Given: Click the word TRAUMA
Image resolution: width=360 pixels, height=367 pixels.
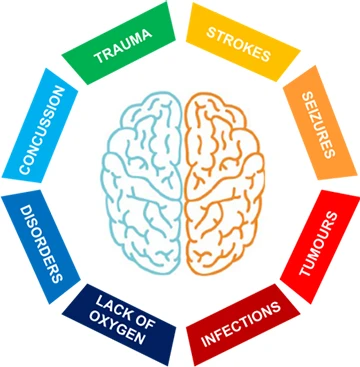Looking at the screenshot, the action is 123,46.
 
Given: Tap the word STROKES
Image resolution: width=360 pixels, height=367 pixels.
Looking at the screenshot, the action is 238,45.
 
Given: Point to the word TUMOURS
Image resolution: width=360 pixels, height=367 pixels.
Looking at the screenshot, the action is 318,244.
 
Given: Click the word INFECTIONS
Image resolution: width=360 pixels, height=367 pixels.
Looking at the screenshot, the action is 241,325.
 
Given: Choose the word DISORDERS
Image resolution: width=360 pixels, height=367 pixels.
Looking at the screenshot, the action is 41,245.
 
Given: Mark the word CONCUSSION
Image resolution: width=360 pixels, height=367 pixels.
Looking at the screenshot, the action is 42,130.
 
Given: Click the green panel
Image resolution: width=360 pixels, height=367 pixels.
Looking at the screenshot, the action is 119,43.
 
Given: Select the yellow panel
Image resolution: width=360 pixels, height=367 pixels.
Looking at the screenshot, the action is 243,42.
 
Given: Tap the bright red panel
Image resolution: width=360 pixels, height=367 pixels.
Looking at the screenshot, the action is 320,247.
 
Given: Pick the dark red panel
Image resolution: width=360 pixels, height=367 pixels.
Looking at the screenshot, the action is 243,325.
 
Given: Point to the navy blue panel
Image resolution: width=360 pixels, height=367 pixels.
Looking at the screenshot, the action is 119,325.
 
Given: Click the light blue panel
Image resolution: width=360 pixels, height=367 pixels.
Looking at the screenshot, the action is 40,125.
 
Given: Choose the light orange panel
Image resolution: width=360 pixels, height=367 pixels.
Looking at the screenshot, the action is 320,123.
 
